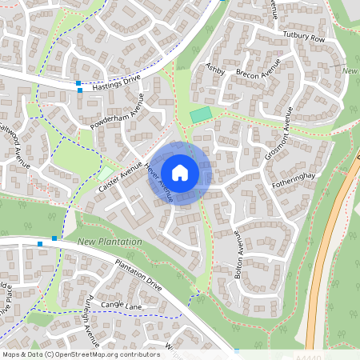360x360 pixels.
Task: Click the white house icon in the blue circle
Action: pos(180,172)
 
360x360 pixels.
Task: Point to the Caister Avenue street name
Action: pos(120,176)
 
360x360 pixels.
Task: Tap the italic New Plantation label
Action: pos(110,242)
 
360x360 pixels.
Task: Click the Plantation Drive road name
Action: pos(138,275)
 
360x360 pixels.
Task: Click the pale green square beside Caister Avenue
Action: pos(106,173)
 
